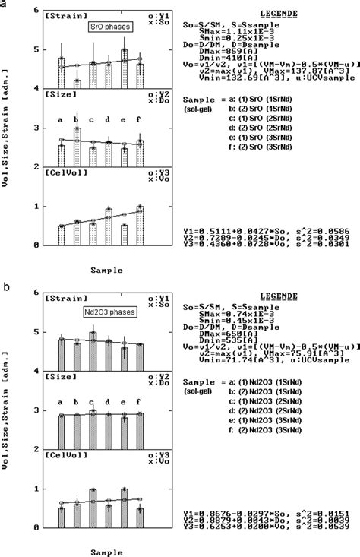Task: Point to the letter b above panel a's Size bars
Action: click(x=76, y=119)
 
